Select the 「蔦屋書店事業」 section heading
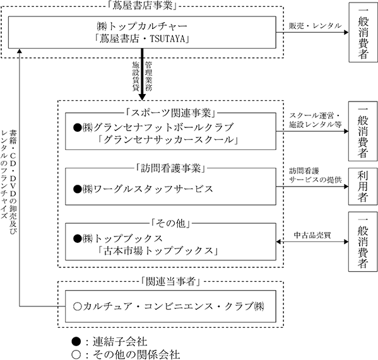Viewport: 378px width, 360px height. (x=142, y=6)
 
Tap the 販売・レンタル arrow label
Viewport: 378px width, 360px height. (x=316, y=26)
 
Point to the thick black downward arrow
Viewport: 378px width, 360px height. (x=142, y=74)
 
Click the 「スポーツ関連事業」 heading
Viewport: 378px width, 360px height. (x=170, y=113)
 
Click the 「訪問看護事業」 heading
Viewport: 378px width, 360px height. (x=170, y=168)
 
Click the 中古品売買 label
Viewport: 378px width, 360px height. (x=312, y=235)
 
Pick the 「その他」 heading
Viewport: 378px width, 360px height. (x=170, y=223)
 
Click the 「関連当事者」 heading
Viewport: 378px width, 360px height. (x=170, y=281)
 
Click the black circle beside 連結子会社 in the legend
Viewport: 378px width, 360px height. (x=76, y=342)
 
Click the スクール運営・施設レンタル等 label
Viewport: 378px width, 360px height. (x=316, y=120)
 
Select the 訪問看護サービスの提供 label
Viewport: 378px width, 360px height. (x=316, y=175)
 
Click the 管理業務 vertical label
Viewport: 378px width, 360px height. (x=149, y=76)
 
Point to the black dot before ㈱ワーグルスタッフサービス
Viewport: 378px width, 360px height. (x=78, y=189)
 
